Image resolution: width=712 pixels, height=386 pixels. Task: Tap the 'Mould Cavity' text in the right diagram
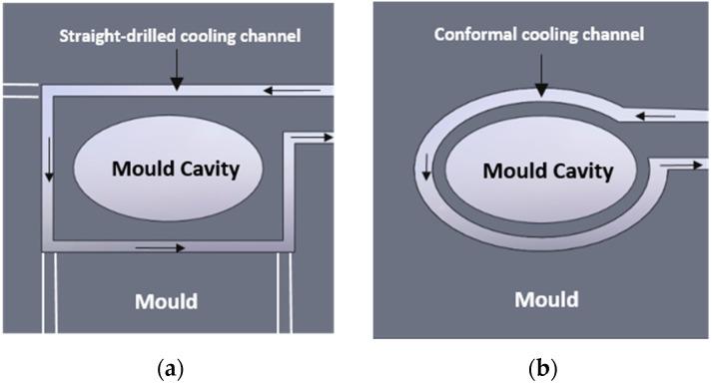pos(548,172)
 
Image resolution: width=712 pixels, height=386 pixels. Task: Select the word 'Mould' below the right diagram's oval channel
pos(545,298)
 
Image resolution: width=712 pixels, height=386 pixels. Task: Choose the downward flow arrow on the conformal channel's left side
pos(426,168)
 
